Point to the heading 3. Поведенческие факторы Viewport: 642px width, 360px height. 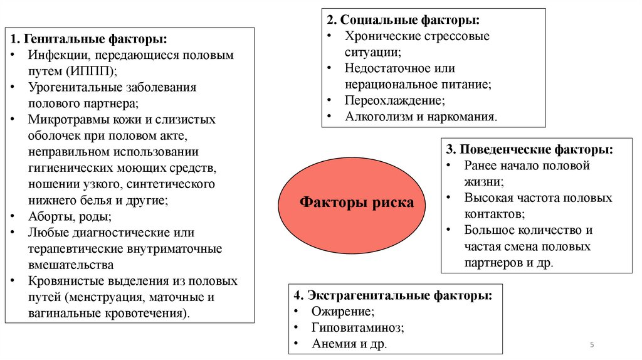pos(530,150)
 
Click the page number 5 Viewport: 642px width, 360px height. pos(592,346)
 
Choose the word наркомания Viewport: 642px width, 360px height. pos(462,117)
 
